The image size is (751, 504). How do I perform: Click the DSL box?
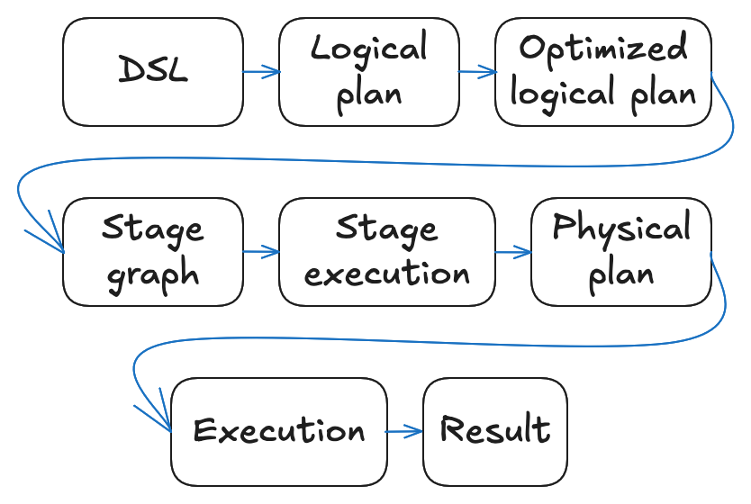coord(153,72)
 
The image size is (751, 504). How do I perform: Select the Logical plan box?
coord(369,72)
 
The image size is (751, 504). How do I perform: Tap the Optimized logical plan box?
coord(603,72)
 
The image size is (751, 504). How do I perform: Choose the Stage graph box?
coord(153,252)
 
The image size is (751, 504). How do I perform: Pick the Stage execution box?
coord(387,252)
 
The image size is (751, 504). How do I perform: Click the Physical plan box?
coord(621,252)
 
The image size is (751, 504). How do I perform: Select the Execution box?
coord(279,432)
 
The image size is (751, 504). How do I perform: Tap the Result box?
coord(495,432)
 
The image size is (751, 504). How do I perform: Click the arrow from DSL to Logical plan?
coord(261,72)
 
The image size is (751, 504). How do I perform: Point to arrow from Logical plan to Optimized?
coord(477,72)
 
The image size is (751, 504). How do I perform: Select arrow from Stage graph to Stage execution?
coord(261,252)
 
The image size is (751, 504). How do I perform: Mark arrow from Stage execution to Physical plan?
coord(513,252)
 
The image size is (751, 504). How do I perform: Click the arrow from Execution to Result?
coord(404,432)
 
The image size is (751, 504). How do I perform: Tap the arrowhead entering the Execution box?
coord(164,424)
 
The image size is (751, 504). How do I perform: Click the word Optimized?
coord(603,49)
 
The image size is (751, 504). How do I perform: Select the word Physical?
coord(621,229)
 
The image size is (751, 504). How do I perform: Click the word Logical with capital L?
coord(369,49)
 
